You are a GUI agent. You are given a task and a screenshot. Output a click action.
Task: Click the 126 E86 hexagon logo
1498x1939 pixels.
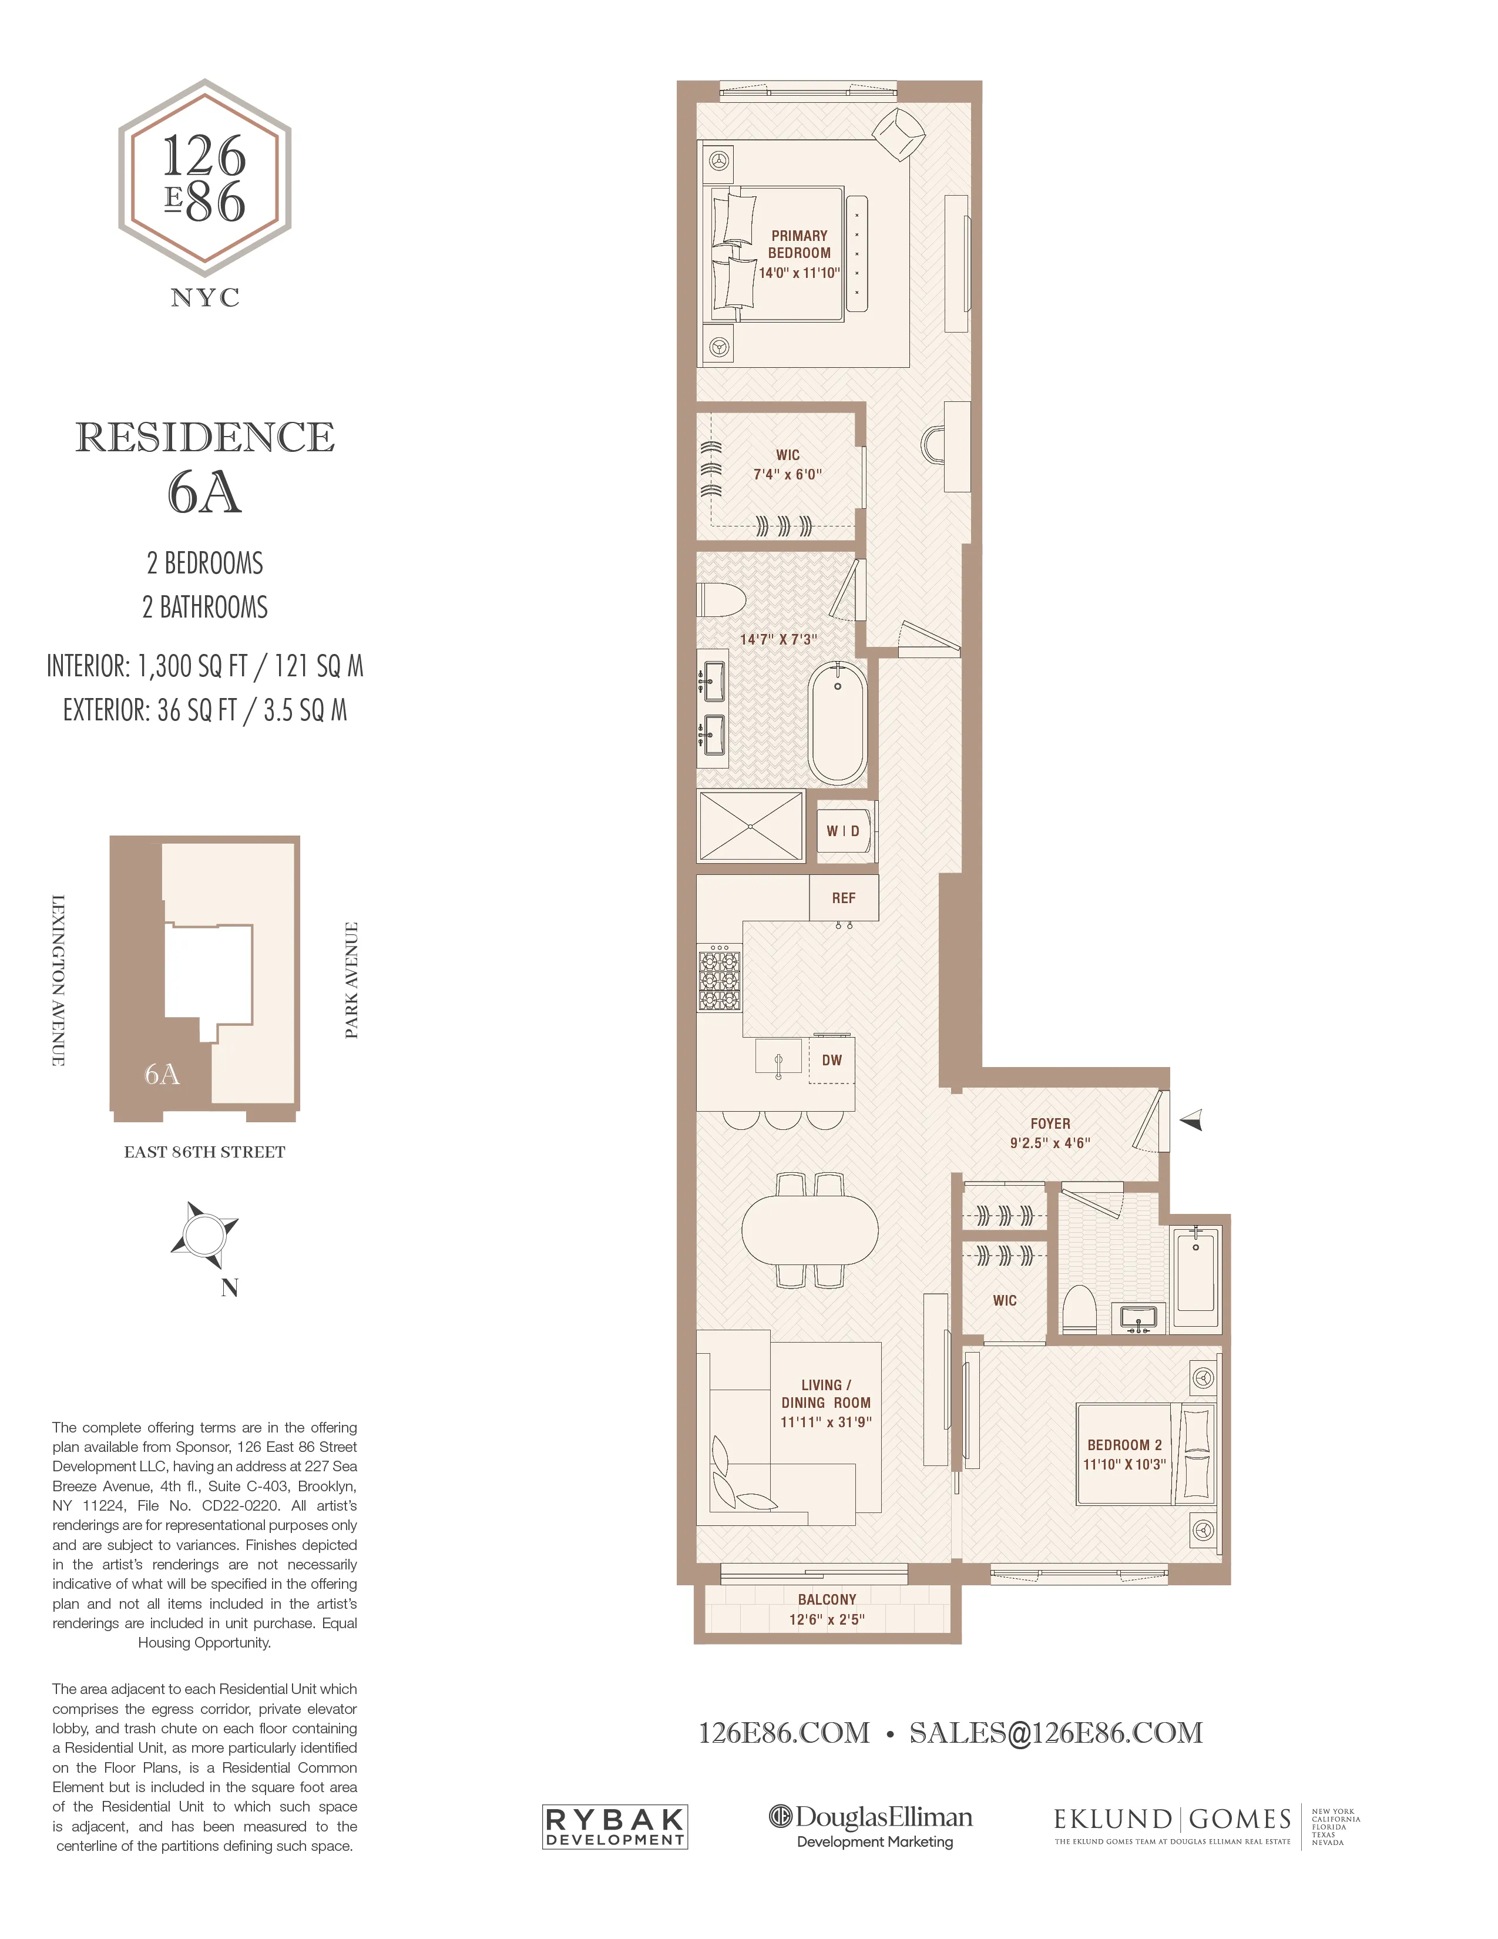point(205,177)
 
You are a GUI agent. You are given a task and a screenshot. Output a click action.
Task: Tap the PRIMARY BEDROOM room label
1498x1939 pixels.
point(799,244)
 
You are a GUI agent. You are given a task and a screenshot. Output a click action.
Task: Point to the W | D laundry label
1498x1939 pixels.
point(843,831)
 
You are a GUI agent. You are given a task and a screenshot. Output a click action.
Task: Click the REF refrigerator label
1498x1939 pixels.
point(843,898)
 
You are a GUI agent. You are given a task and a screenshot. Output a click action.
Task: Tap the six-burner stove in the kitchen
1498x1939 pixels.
point(719,979)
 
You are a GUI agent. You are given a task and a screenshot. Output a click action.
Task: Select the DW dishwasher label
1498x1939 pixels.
point(831,1059)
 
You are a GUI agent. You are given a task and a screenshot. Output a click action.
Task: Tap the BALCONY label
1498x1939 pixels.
point(826,1599)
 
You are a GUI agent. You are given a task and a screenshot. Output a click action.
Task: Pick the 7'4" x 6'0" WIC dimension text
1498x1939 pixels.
point(787,474)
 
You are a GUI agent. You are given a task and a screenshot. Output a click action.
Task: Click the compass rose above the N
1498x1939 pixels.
point(204,1234)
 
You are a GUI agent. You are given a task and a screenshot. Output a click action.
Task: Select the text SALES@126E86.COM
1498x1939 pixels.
point(1056,1732)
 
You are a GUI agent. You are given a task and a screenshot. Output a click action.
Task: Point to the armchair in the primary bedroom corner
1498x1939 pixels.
point(899,134)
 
